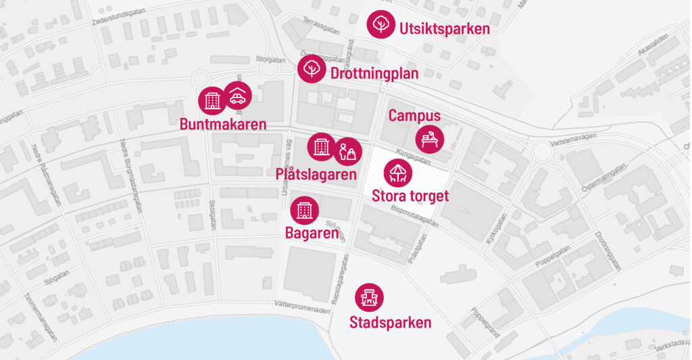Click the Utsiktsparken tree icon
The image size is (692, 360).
[x=380, y=24]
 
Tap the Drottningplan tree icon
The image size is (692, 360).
[x=312, y=69]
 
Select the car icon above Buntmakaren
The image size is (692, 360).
[x=237, y=96]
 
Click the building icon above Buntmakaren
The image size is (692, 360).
[x=212, y=101]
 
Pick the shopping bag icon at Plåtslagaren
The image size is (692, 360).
[x=349, y=151]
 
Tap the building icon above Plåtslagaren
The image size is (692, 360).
[x=321, y=147]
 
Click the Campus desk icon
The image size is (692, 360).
[x=430, y=139]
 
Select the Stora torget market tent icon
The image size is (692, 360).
[x=398, y=172]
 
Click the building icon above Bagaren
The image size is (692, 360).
[x=304, y=210]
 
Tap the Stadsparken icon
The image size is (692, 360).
[x=370, y=297]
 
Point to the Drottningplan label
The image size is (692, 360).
[x=374, y=73]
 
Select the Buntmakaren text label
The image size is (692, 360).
[x=223, y=124]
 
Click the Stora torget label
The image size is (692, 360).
[x=410, y=197]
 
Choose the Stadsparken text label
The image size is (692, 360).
[x=390, y=323]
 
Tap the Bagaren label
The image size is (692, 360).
[x=312, y=234]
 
